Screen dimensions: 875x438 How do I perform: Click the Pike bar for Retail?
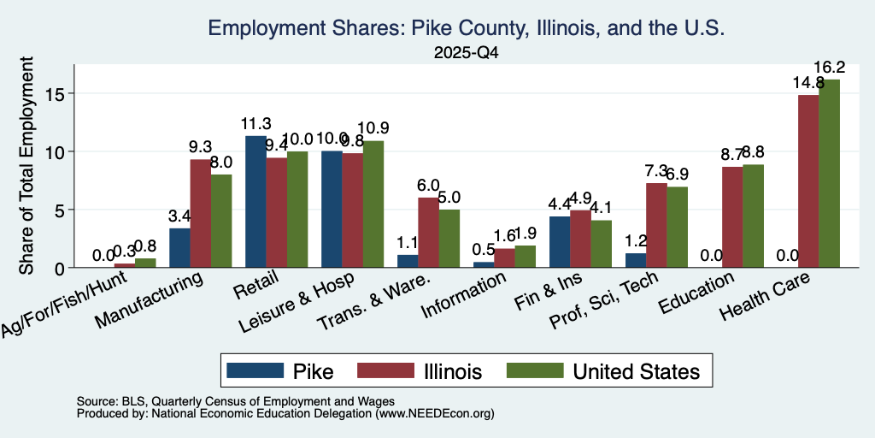point(255,202)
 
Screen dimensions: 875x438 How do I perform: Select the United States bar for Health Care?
point(829,173)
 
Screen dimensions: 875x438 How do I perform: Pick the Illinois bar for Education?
point(732,216)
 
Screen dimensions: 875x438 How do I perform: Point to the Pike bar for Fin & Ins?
point(560,242)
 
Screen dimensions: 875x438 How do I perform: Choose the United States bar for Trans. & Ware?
point(449,239)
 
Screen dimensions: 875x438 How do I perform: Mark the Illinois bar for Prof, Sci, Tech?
point(656,225)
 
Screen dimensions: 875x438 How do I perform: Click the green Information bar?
point(526,257)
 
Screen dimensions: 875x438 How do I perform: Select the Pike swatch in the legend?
point(255,370)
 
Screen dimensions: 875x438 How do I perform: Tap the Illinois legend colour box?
point(385,370)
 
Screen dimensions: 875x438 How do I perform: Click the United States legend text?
point(636,371)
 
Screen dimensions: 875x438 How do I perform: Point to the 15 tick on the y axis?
point(71,92)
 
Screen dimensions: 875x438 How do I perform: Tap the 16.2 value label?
point(829,68)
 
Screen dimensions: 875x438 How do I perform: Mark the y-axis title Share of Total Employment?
point(26,165)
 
